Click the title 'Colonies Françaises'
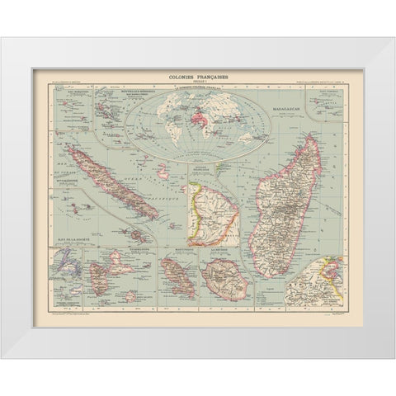[198, 73]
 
